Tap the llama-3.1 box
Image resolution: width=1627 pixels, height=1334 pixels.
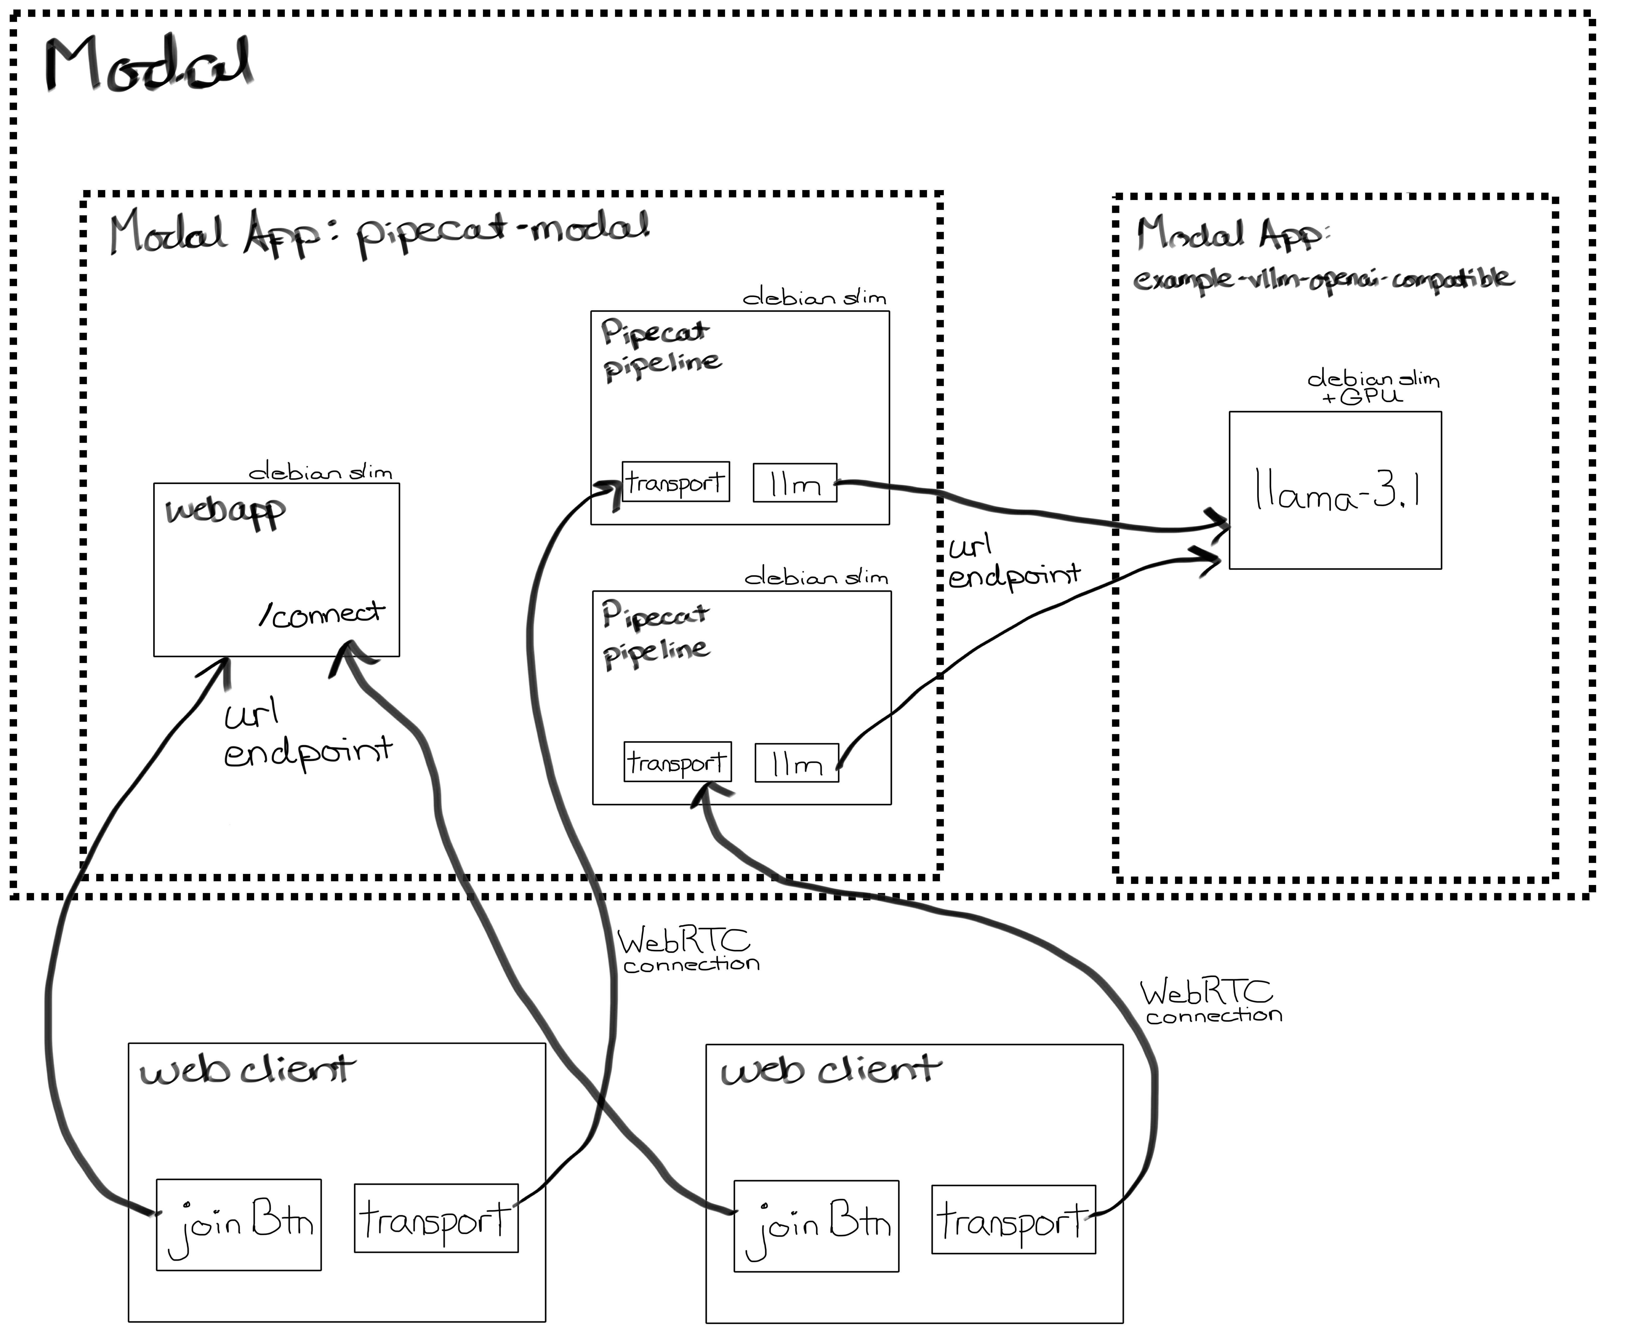pyautogui.click(x=1335, y=490)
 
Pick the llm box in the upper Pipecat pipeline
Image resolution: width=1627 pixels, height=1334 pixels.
pyautogui.click(x=795, y=483)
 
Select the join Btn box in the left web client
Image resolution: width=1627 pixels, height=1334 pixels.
pyautogui.click(x=239, y=1225)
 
